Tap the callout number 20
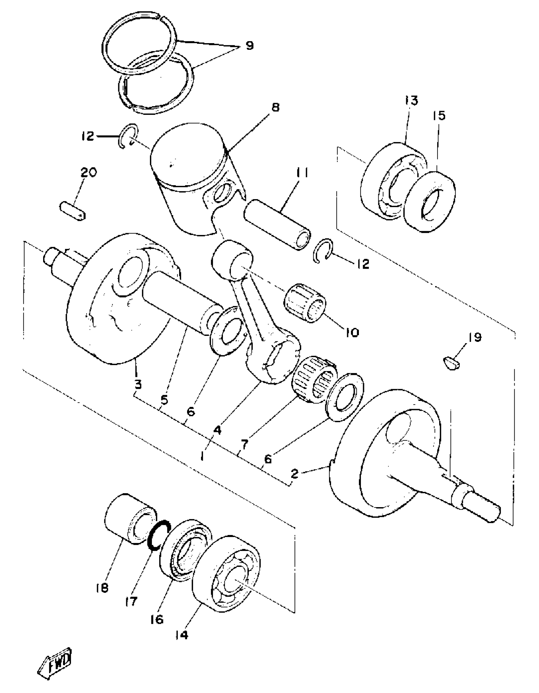88,173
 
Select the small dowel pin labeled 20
73,211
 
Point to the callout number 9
249,46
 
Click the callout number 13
411,100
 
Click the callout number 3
138,385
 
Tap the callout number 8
276,108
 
